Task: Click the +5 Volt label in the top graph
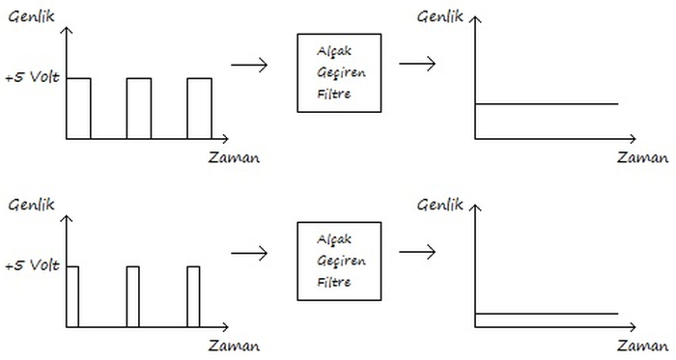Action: coord(33,78)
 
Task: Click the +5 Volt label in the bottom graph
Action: coord(33,265)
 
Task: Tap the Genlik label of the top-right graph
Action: coord(439,15)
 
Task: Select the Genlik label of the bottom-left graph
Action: coord(29,205)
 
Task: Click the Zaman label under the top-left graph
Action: coord(234,156)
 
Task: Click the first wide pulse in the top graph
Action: coord(78,108)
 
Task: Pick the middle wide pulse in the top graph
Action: coord(138,108)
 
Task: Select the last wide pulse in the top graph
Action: coord(199,108)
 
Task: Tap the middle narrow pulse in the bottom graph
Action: coord(133,296)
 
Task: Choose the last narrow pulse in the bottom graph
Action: coord(193,296)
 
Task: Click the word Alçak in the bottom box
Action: coord(333,237)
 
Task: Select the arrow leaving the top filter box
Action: coord(415,64)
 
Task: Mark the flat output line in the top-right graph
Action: coord(546,103)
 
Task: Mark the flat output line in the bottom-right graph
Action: coord(546,314)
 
